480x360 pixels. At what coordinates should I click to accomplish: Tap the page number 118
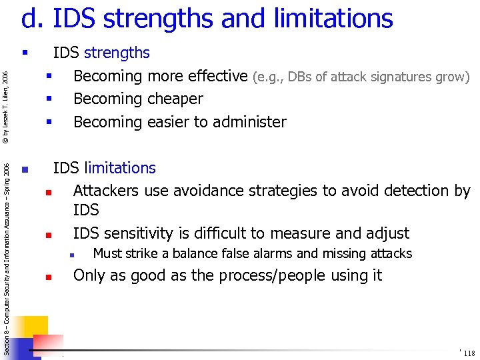tap(469, 353)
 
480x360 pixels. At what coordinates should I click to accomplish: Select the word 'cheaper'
tap(172, 99)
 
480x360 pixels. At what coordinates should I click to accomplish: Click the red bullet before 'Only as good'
tap(49, 277)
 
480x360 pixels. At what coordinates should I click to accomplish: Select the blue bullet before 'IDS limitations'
tap(25, 169)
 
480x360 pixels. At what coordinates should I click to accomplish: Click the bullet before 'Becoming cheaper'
tap(49, 99)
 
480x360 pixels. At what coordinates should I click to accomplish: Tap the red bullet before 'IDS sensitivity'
tap(49, 235)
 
